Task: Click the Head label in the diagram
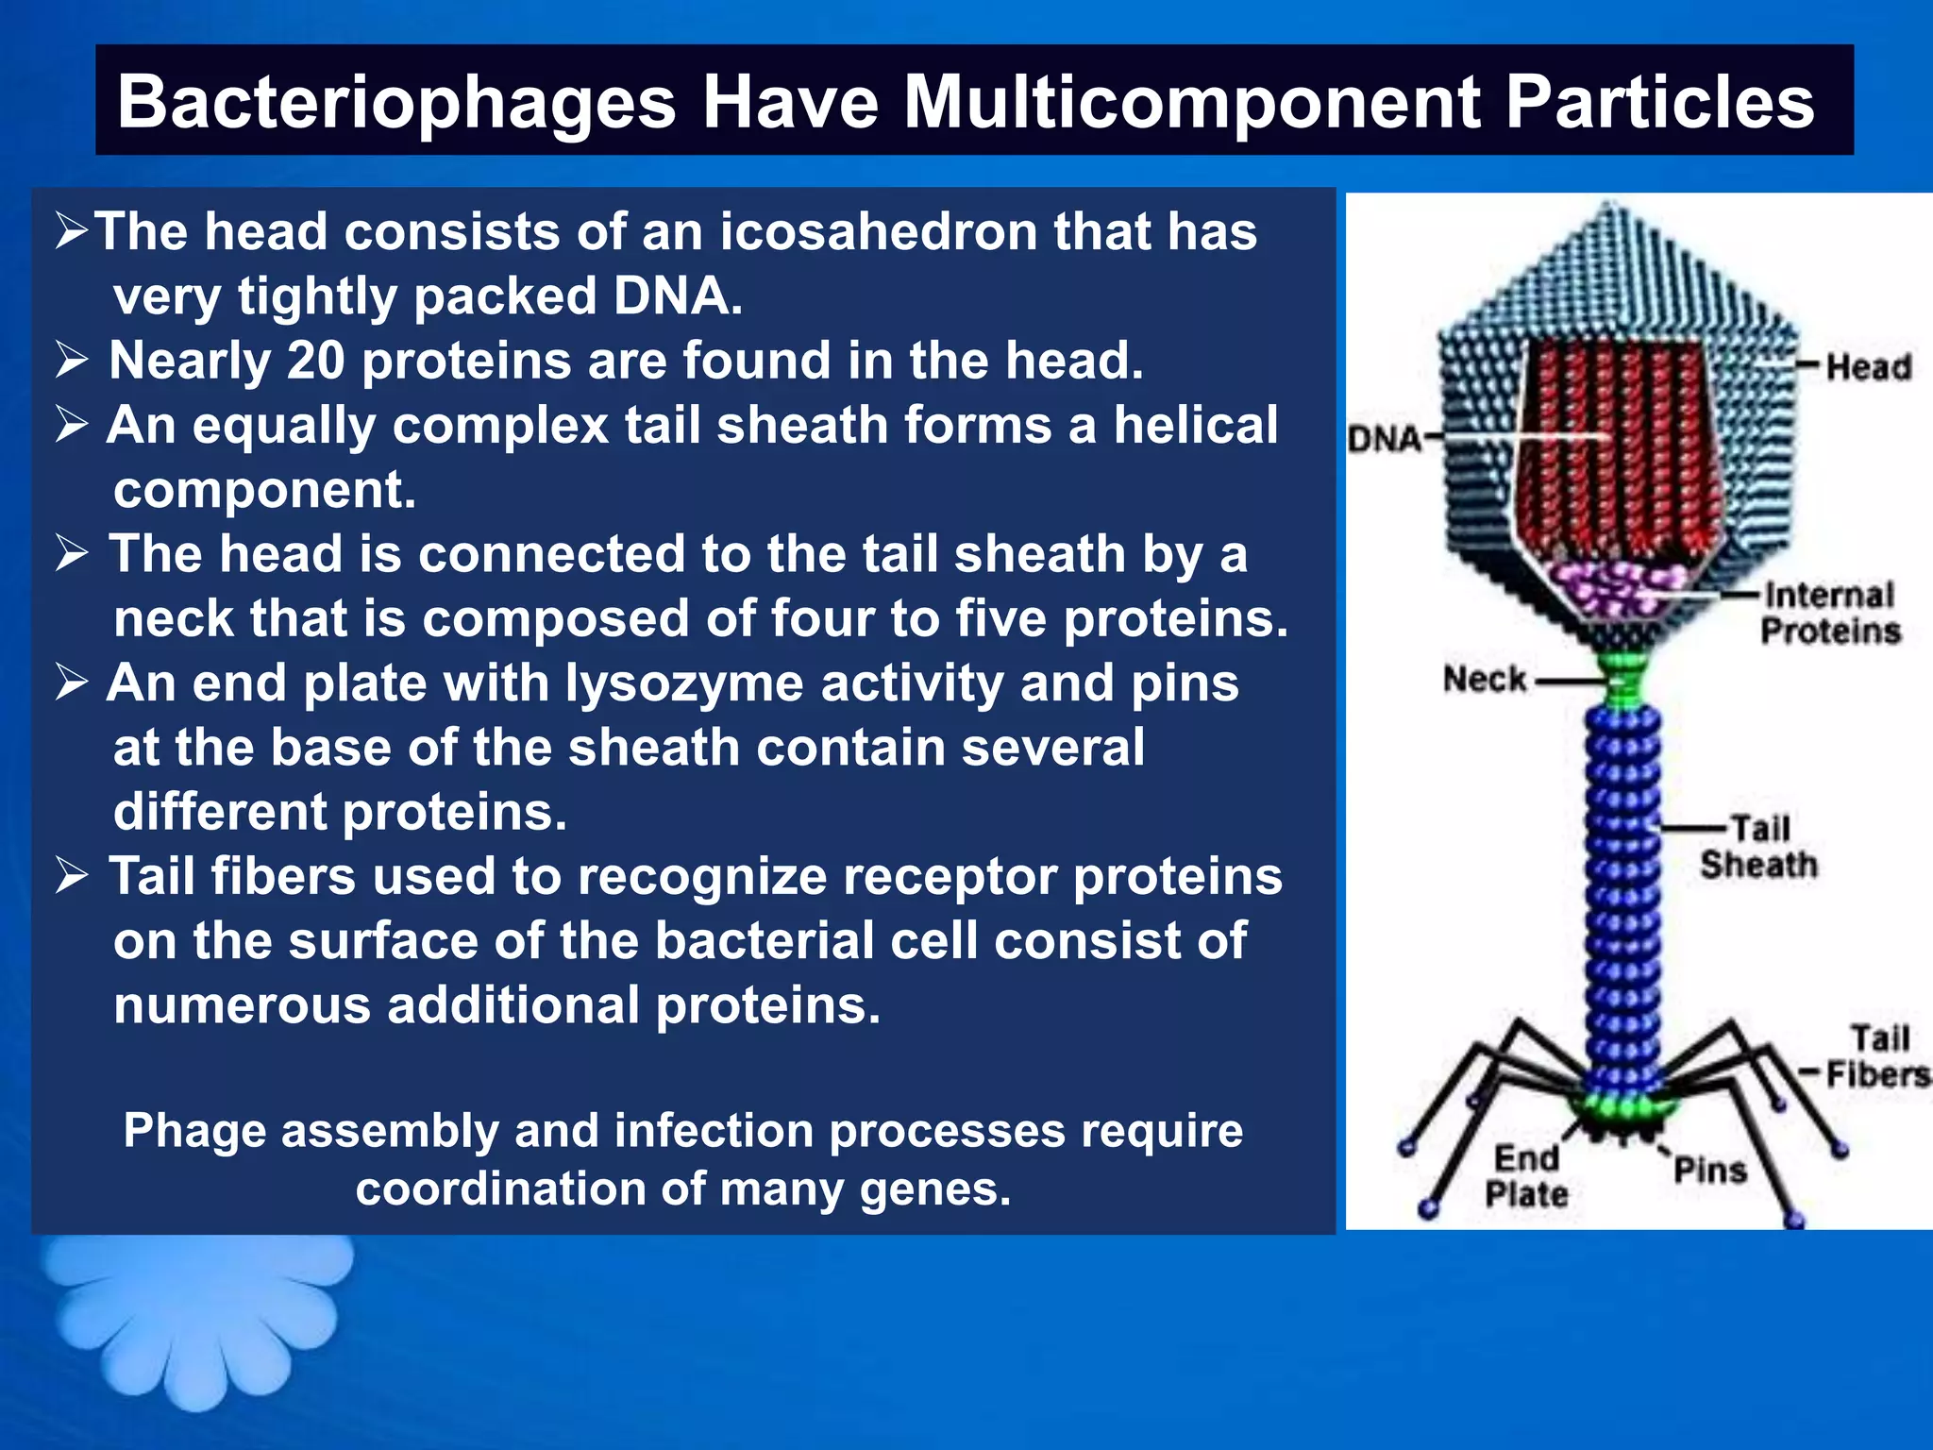[x=1868, y=366]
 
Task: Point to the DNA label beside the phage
[x=1384, y=439]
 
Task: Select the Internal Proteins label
[x=1829, y=613]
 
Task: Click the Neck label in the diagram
[x=1484, y=679]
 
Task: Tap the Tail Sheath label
[x=1758, y=847]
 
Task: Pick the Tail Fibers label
[x=1877, y=1056]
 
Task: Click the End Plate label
[x=1526, y=1175]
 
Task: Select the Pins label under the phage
[x=1710, y=1171]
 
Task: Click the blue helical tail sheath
[x=1622, y=897]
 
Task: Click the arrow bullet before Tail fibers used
[x=72, y=876]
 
